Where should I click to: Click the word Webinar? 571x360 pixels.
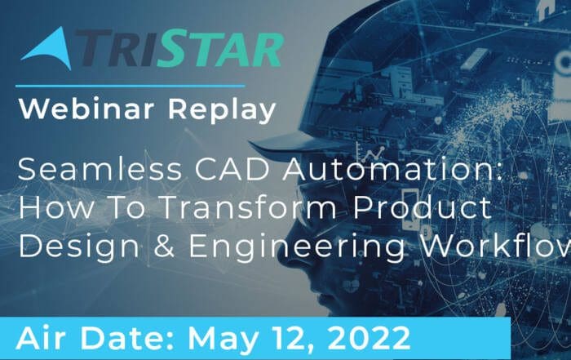[86, 109]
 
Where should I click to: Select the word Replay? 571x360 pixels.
[222, 110]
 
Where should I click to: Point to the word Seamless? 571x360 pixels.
[100, 169]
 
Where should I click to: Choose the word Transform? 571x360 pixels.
[248, 207]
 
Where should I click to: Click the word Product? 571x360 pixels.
[423, 207]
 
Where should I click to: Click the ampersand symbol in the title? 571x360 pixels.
[164, 247]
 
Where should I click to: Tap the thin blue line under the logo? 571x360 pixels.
[130, 87]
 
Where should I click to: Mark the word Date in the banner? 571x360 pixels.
[125, 339]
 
